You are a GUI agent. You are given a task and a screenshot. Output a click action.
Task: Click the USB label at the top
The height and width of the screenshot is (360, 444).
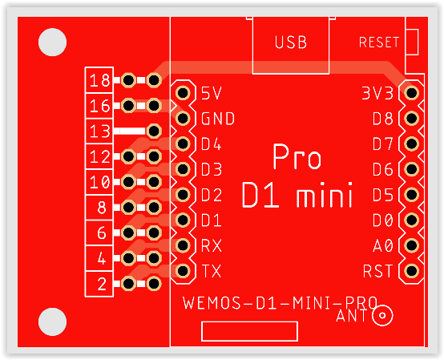291,42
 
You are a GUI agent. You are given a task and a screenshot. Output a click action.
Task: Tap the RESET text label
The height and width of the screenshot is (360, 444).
379,42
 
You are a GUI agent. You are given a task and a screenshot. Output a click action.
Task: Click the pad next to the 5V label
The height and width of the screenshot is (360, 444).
183,93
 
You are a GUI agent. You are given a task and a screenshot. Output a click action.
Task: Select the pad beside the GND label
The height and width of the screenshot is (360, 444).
183,118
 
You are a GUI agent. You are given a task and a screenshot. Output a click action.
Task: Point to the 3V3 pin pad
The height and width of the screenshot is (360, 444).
411,93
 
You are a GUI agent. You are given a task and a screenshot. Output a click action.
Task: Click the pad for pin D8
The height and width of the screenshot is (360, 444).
411,118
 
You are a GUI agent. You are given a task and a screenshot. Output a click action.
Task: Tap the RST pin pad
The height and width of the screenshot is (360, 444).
411,271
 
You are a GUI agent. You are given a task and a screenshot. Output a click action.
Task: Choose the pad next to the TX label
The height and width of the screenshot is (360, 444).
183,271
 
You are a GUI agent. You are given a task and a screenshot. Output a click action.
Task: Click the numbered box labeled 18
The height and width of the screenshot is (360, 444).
99,80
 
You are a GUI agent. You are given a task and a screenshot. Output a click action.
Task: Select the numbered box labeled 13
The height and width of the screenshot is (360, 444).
99,131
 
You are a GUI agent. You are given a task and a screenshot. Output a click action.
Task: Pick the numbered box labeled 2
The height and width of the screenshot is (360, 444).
99,284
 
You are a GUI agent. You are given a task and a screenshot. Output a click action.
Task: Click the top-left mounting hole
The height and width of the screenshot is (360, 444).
52,42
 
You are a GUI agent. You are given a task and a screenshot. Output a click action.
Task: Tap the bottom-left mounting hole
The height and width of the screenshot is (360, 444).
52,322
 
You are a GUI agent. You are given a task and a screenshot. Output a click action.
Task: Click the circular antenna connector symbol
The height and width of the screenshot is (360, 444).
382,315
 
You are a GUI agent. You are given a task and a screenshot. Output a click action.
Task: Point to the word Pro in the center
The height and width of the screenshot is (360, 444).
297,156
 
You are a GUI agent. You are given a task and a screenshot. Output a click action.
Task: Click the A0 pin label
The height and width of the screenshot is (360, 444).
383,245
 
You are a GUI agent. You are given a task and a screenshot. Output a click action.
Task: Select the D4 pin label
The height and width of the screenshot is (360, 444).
212,144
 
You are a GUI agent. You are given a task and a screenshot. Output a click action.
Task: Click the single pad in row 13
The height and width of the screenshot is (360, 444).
154,131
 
